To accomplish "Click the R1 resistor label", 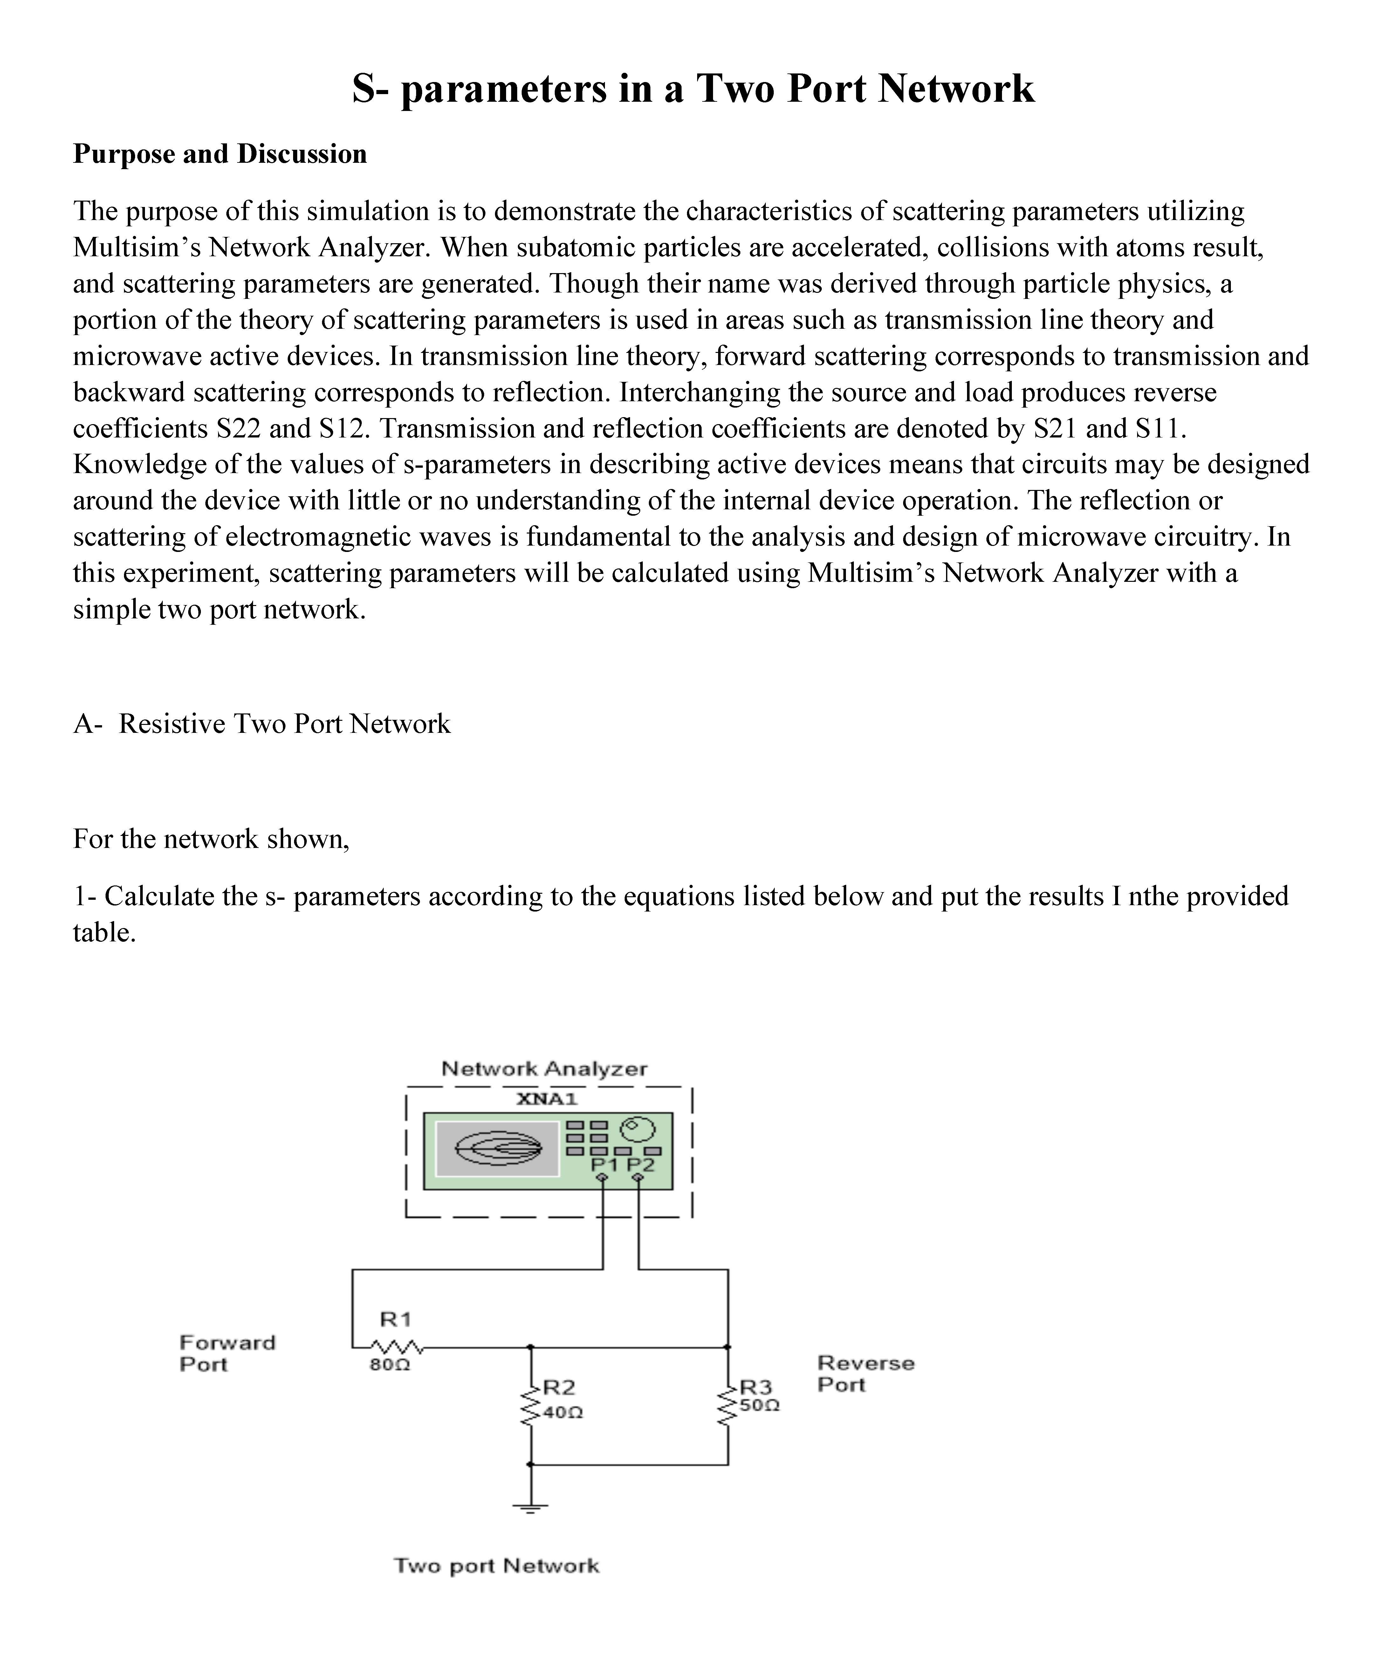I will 395,1319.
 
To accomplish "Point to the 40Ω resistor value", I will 563,1412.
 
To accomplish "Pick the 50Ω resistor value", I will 759,1405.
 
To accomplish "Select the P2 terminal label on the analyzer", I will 641,1165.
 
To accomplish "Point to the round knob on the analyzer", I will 639,1128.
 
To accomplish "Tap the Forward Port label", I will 227,1353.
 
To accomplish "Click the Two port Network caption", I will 497,1565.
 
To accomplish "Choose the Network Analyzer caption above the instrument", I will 544,1069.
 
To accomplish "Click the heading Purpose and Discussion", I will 220,154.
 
